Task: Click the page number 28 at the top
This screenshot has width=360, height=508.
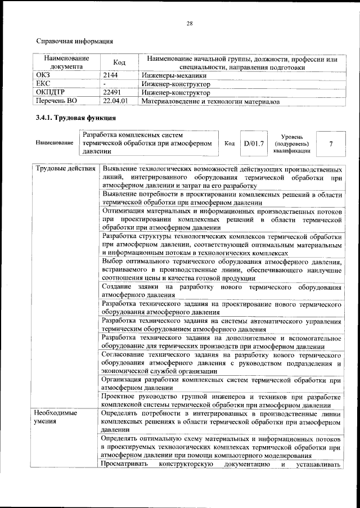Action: coord(190,23)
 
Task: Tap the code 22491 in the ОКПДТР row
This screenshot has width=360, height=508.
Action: coord(113,92)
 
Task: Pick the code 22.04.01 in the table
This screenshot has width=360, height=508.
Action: coord(116,101)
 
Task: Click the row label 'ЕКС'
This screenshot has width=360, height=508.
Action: coord(43,84)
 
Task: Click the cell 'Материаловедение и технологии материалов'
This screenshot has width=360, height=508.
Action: coord(210,101)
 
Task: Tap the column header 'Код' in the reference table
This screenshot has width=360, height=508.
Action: coord(119,62)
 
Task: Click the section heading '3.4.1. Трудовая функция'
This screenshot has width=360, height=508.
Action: coord(75,118)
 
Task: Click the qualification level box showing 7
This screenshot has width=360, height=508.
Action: coord(331,143)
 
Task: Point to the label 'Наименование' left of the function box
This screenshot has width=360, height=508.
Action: coord(55,143)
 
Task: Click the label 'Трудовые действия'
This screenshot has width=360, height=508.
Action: coord(65,169)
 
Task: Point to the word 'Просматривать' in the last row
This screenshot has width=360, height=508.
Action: coord(125,464)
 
